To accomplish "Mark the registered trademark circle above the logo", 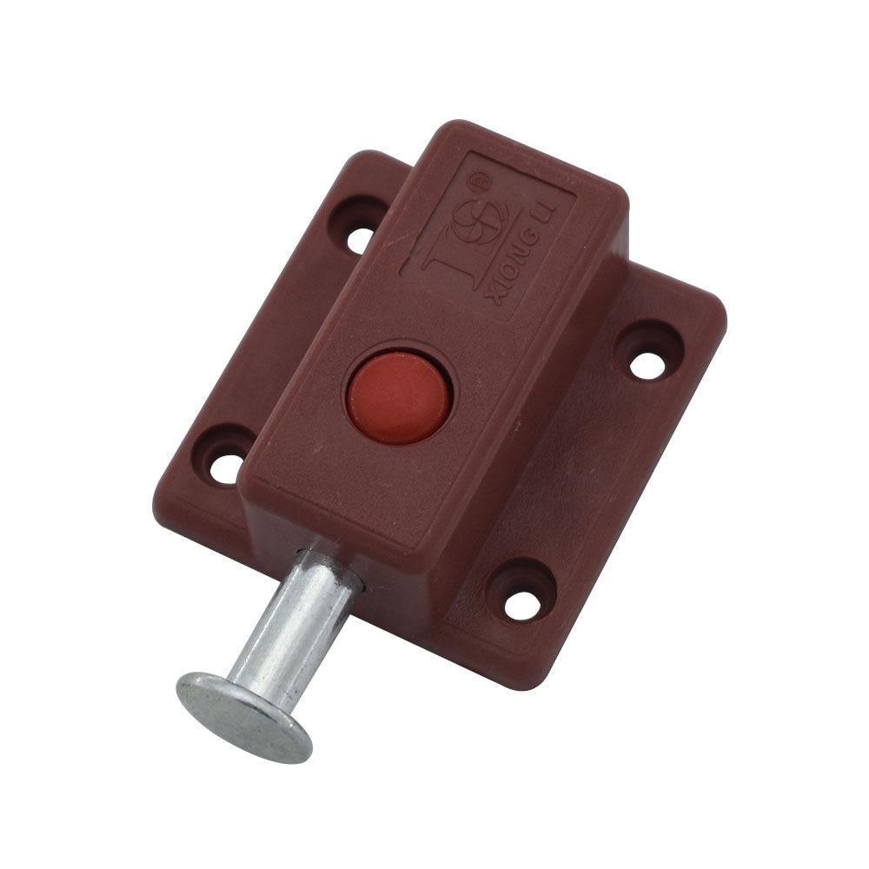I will tap(479, 182).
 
